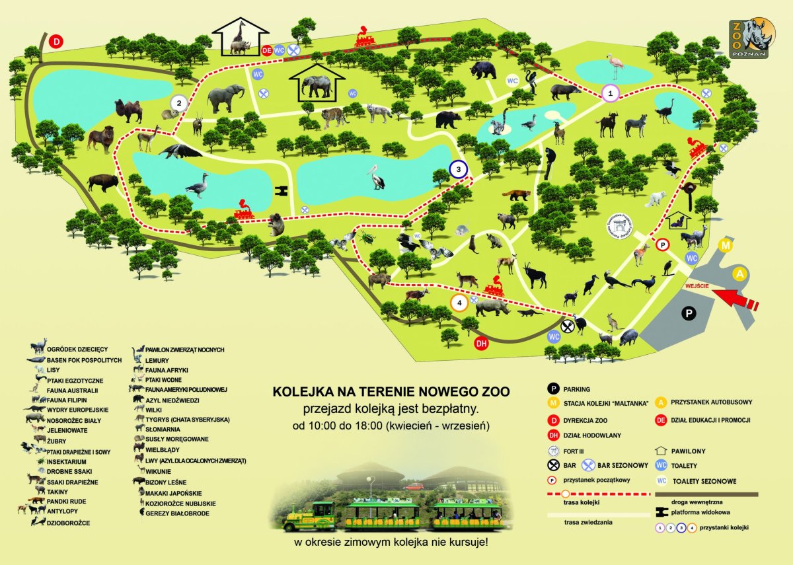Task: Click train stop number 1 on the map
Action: (611, 94)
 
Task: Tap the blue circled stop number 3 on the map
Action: (458, 170)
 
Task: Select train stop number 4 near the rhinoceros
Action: (460, 303)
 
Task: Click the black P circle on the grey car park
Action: (688, 314)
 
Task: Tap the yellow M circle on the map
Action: (725, 246)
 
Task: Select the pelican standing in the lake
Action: (376, 177)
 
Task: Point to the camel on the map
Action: (128, 110)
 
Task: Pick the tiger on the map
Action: (335, 118)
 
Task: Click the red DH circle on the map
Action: (482, 343)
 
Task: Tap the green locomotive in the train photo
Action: (309, 517)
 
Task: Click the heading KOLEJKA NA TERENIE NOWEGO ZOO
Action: (391, 391)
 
